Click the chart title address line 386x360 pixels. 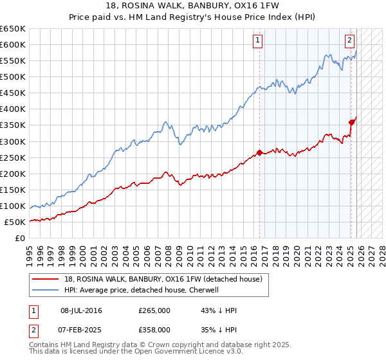(x=192, y=6)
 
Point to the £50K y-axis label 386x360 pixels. (x=15, y=222)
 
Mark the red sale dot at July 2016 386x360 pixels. (x=259, y=152)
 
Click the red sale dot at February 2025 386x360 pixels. (x=351, y=122)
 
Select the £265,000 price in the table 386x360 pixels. (x=154, y=310)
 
